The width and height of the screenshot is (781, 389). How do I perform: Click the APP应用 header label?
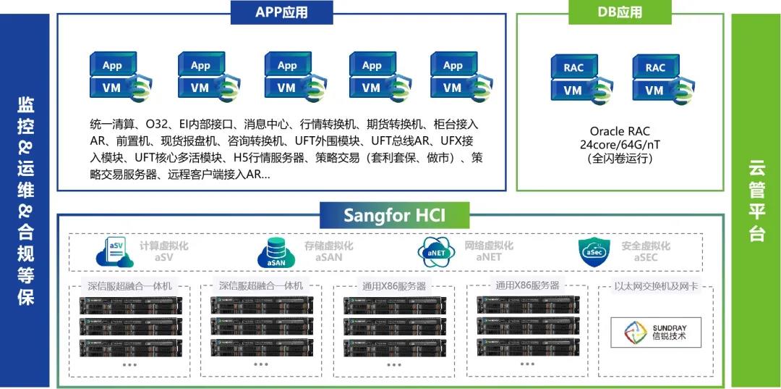tap(282, 12)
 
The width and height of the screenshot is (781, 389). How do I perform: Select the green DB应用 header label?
tap(620, 12)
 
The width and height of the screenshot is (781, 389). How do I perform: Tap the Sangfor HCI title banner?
tap(395, 216)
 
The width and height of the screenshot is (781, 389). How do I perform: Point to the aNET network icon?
tap(436, 251)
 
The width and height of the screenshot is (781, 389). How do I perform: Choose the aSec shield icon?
tap(594, 251)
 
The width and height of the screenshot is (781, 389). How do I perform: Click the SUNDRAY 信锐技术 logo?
tap(656, 332)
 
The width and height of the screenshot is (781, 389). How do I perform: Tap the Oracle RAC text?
tap(620, 131)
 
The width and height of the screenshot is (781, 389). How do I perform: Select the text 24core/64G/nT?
tap(620, 145)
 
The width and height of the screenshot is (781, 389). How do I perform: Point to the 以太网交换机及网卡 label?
tap(656, 286)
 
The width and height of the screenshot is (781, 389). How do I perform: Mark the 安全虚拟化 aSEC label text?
tap(645, 251)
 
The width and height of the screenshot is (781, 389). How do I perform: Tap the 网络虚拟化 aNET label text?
tap(489, 251)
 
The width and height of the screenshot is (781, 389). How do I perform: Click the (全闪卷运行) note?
tap(620, 159)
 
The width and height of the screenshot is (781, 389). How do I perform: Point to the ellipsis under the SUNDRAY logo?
tap(656, 364)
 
